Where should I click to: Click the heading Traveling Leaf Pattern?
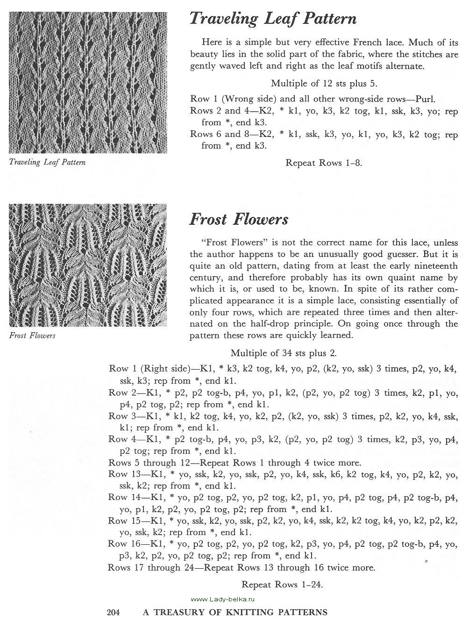point(273,19)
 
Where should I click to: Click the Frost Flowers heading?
point(239,219)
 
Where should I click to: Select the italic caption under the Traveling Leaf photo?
point(47,163)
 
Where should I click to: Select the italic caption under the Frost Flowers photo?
point(32,335)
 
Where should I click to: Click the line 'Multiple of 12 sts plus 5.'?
point(324,84)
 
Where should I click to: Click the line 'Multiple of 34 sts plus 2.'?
point(284,353)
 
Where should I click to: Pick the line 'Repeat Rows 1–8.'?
point(324,163)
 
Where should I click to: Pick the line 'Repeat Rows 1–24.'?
point(282,584)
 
